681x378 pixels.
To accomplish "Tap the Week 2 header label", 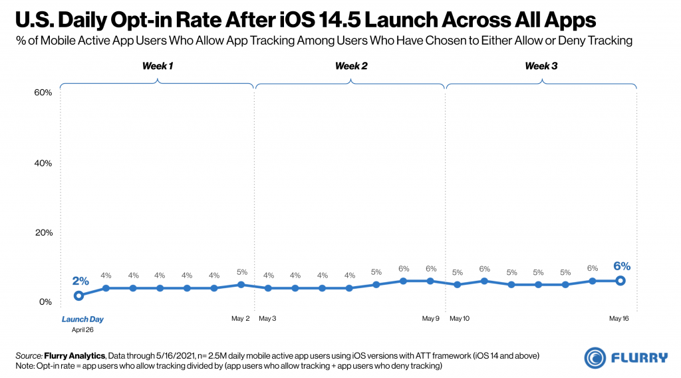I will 351,66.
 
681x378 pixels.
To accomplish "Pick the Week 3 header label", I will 541,66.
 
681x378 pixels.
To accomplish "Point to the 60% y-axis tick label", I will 43,93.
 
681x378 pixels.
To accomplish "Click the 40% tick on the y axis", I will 43,163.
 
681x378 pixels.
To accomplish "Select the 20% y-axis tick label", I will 43,232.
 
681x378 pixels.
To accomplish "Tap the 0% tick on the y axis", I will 45,302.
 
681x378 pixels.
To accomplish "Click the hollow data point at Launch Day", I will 78,295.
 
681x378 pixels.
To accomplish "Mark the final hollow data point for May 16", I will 620,281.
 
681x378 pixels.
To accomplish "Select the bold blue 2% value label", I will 80,281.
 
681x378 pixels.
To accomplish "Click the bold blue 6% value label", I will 621,266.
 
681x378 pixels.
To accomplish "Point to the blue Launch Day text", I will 78,319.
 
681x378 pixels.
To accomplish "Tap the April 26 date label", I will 78,329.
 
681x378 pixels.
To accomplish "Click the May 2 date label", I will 240,319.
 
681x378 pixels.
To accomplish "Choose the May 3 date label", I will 268,319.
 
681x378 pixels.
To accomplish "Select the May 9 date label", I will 431,319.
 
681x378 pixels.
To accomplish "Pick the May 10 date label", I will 460,319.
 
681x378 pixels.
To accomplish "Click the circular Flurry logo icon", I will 595,357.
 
